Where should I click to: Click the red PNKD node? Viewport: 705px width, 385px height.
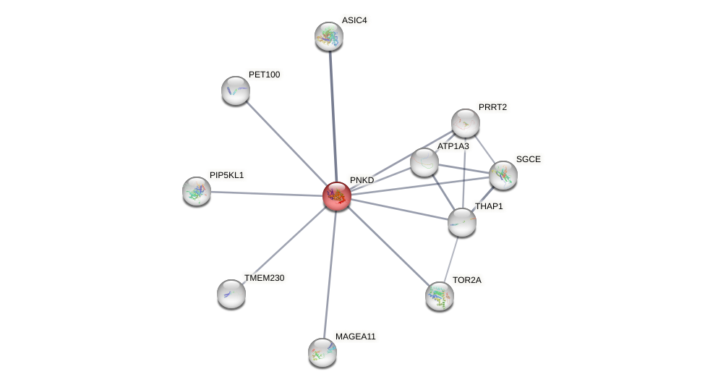336,196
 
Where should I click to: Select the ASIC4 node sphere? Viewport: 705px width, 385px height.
329,36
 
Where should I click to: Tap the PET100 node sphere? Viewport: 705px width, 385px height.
236,90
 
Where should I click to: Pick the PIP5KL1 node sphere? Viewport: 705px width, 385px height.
197,191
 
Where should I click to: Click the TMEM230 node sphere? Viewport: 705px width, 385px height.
231,294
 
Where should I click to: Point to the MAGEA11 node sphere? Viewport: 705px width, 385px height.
322,352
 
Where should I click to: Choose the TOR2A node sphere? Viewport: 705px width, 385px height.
440,296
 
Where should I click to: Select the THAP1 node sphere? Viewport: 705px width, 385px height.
462,222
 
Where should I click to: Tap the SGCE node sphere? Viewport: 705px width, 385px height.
503,175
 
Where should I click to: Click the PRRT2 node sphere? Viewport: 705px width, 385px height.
466,123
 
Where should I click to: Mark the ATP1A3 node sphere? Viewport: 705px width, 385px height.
424,162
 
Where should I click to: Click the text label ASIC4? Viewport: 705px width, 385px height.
354,20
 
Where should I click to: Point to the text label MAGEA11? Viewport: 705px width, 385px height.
355,337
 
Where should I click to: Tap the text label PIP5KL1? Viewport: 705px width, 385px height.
227,175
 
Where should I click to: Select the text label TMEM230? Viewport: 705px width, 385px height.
264,278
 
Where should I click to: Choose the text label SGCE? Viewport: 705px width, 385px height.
528,159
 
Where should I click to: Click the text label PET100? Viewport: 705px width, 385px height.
264,75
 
